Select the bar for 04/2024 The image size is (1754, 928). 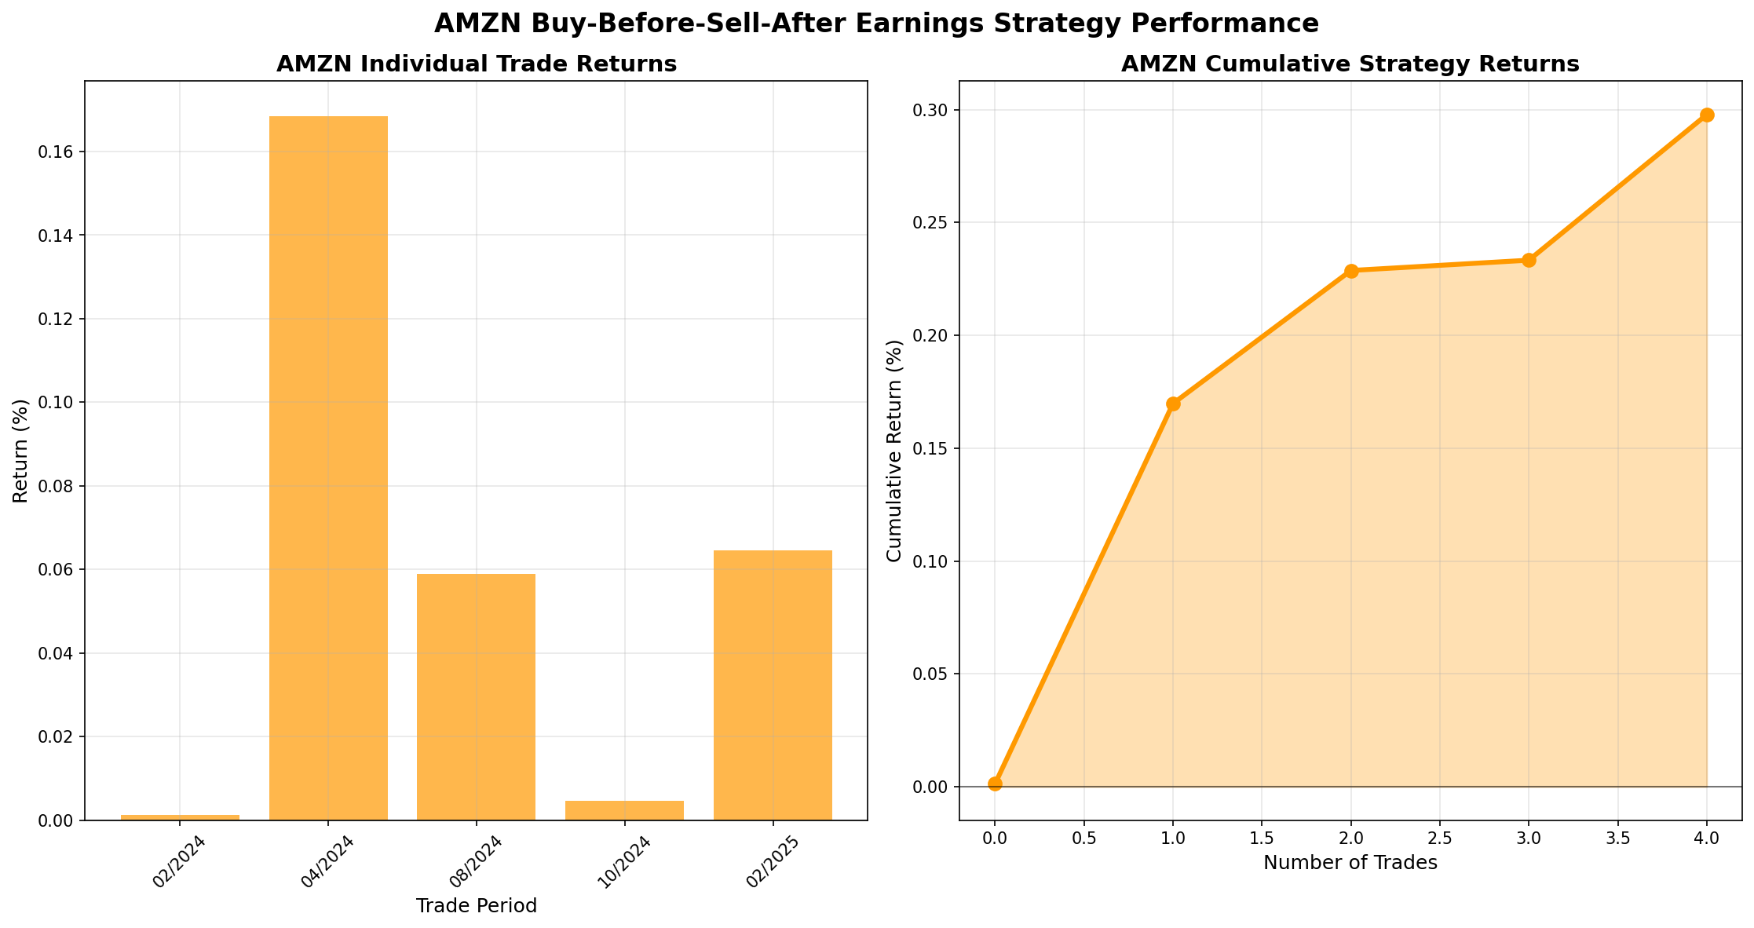[328, 468]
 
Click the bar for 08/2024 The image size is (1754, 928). [476, 696]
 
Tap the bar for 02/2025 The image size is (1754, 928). [773, 685]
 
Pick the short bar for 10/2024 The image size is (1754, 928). [624, 810]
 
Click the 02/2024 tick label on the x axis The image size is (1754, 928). [179, 863]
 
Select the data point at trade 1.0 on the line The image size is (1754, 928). [1173, 404]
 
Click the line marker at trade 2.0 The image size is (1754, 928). [1351, 271]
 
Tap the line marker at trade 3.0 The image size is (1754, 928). [1529, 260]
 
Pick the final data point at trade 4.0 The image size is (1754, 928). [1707, 115]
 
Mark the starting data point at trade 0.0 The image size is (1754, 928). [995, 784]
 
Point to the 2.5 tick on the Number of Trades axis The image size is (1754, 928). [1440, 838]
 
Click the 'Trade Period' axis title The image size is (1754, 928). [476, 906]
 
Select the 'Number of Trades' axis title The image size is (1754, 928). [1350, 863]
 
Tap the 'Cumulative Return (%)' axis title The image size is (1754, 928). [894, 451]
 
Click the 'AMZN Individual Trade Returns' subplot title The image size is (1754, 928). [476, 64]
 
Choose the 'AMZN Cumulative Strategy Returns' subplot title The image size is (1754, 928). [1350, 64]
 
